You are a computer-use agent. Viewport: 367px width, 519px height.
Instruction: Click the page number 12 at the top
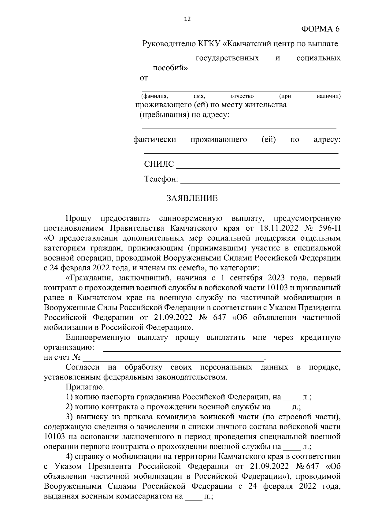click(x=187, y=19)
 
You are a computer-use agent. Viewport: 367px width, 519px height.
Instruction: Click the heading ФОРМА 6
click(x=320, y=29)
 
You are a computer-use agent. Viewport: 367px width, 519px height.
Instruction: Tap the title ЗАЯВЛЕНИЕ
click(x=192, y=198)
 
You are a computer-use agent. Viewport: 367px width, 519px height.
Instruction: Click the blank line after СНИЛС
click(x=258, y=168)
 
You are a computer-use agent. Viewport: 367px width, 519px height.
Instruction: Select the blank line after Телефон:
click(x=260, y=182)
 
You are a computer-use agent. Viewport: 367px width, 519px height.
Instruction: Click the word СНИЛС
click(x=159, y=164)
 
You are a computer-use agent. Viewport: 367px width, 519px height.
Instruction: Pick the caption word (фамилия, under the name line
click(x=154, y=96)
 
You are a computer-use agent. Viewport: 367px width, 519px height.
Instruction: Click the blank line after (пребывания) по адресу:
click(x=284, y=118)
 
